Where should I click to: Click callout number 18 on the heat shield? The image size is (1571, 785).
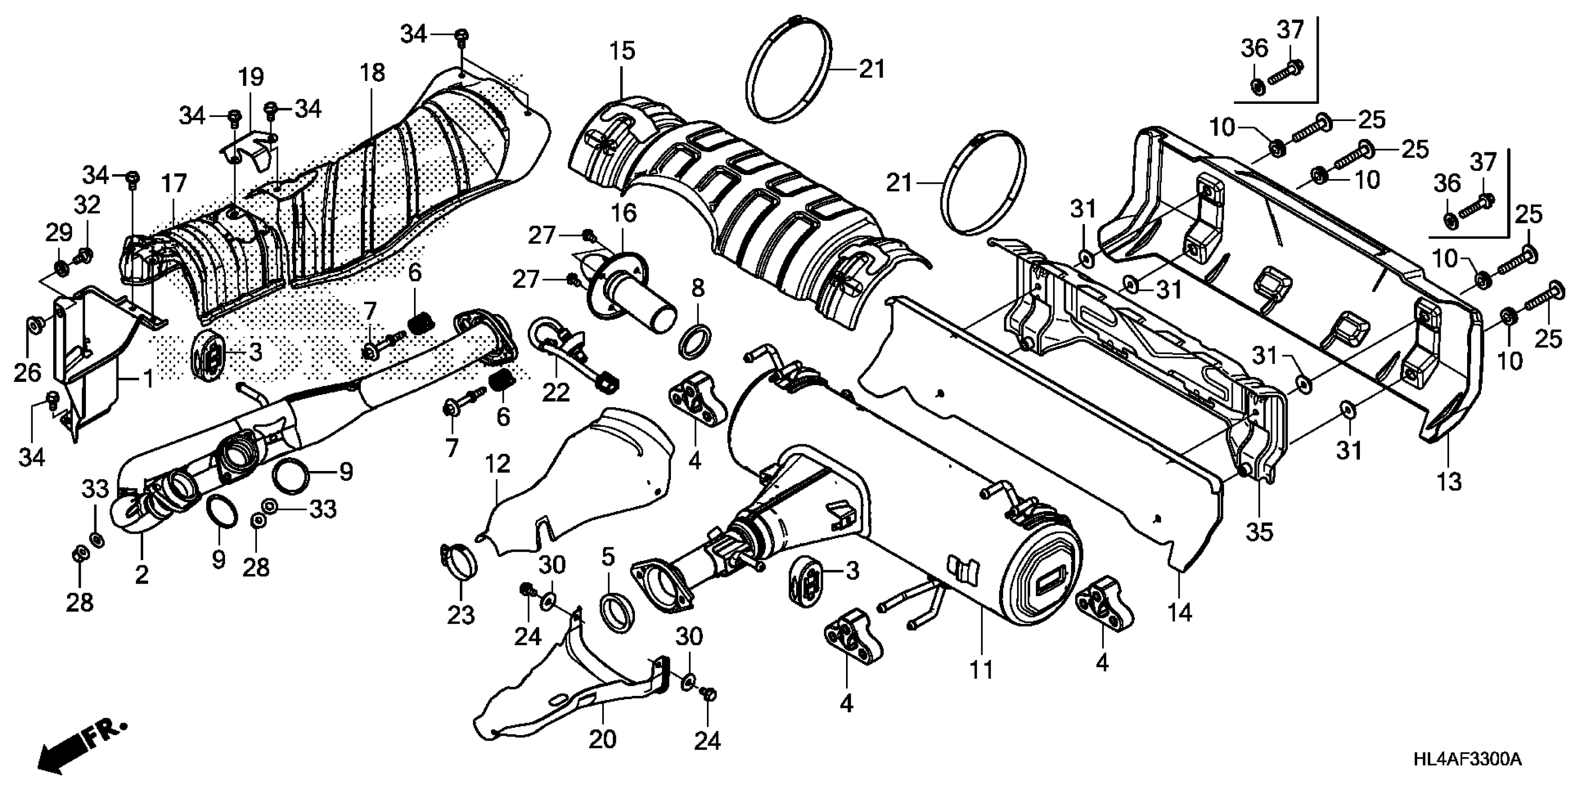tap(372, 72)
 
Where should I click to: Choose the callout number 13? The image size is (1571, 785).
tap(1449, 482)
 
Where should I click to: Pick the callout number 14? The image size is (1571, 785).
tap(1180, 612)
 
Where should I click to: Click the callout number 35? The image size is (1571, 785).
tap(1260, 531)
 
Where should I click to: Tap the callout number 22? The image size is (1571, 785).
tap(555, 392)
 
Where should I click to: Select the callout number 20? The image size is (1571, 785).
tap(603, 739)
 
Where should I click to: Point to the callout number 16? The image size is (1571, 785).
tap(623, 213)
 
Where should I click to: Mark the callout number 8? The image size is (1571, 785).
tap(698, 288)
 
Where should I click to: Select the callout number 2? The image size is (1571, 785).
tap(141, 574)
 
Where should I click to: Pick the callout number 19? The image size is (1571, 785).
tap(250, 78)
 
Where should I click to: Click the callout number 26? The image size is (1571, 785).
tap(27, 372)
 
